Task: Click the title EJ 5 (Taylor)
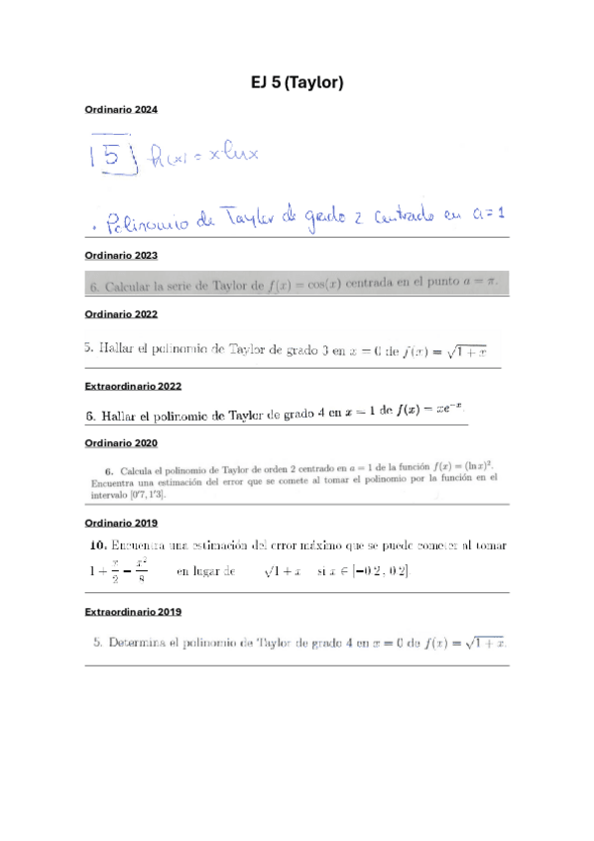(x=297, y=83)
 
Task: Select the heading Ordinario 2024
(x=121, y=109)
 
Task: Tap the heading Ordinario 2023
(x=121, y=256)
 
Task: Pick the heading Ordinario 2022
(x=121, y=314)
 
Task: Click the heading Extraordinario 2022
(x=134, y=386)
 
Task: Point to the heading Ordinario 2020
(x=121, y=442)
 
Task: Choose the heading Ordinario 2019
(x=121, y=522)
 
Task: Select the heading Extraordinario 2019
(x=134, y=612)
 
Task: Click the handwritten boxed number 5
(x=112, y=156)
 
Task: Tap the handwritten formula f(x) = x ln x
(x=201, y=155)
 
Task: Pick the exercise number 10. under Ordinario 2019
(x=96, y=545)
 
